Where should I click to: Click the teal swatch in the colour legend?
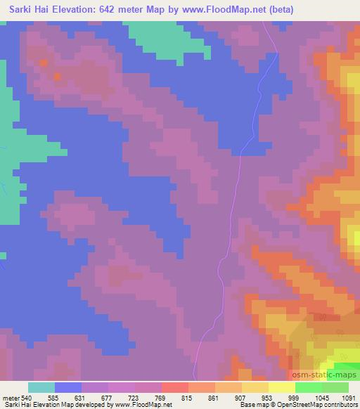pos(41,387)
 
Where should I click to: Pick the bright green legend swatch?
pos(309,387)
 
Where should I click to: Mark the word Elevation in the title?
pos(74,9)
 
